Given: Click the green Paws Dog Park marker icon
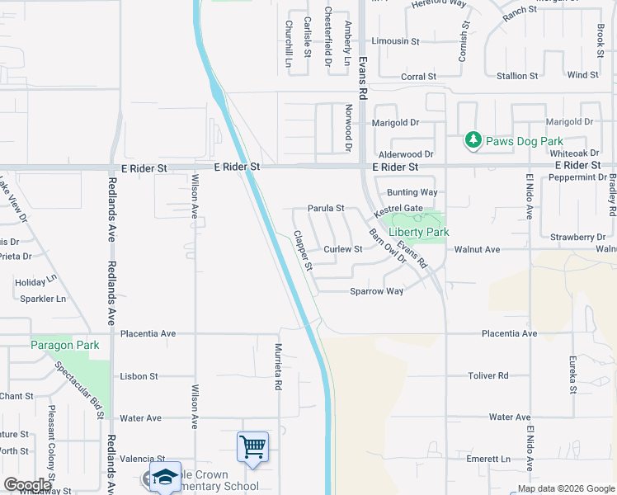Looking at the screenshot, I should [x=473, y=141].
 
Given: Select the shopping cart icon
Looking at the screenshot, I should [x=252, y=447].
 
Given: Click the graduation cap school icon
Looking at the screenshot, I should [x=165, y=478].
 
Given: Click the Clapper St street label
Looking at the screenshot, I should [x=303, y=251].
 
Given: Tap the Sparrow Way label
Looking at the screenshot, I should [x=376, y=291].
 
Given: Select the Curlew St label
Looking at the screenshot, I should [x=343, y=249].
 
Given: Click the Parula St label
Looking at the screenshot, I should [x=326, y=210].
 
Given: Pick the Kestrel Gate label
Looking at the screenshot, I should [x=398, y=210].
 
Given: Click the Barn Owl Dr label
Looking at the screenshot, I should [x=388, y=246].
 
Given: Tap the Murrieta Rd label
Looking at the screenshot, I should [x=279, y=367].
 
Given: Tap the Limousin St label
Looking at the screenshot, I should [x=396, y=40].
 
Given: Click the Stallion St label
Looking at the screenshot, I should [x=517, y=76].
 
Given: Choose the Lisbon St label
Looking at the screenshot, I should [x=139, y=376].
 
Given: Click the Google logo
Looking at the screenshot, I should [x=27, y=485].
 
